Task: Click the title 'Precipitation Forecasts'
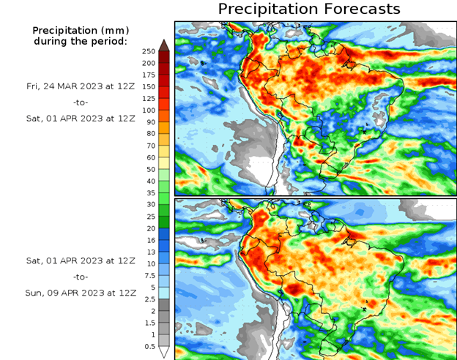(309, 9)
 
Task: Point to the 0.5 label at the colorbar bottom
(149, 346)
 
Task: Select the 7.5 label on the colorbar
(149, 275)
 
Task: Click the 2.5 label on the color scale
(149, 299)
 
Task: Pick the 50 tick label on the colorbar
(149, 169)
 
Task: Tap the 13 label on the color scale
(149, 252)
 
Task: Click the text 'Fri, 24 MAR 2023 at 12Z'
(81, 86)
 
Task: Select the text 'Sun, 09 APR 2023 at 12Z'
(81, 292)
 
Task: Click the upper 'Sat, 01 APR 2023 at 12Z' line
(81, 116)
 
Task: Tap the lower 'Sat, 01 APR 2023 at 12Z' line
(81, 261)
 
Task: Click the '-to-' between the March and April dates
(81, 101)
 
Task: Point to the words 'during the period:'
(81, 41)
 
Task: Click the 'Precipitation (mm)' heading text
(81, 30)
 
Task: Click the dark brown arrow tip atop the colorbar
(165, 45)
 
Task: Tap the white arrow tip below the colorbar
(165, 352)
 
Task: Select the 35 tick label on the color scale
(149, 192)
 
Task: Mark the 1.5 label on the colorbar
(149, 322)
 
